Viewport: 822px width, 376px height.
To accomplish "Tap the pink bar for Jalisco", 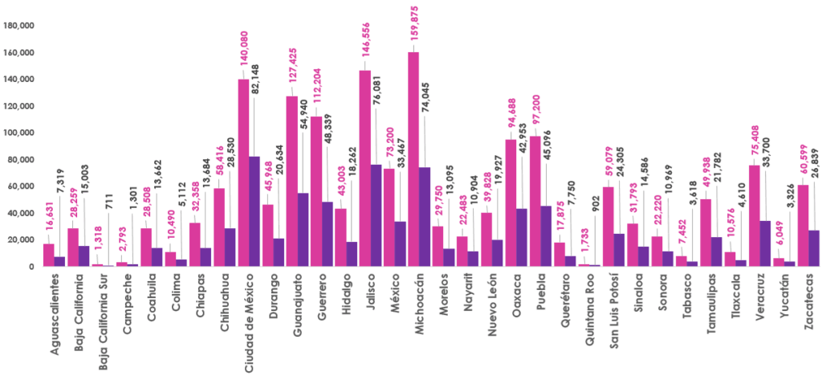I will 364,168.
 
